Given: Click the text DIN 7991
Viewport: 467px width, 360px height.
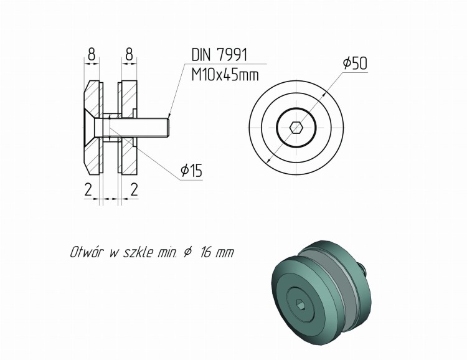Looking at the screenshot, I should click(219, 55).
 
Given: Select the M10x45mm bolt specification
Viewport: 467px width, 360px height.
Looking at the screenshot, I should click(224, 75).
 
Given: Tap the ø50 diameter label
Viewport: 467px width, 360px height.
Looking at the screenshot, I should click(355, 64).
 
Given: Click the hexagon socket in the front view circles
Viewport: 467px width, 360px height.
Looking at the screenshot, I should click(296, 128).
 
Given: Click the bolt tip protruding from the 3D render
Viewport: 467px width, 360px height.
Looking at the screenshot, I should click(362, 268).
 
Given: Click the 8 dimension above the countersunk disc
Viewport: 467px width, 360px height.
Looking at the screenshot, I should click(92, 55).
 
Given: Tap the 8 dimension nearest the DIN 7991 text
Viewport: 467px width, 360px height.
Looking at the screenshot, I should click(129, 55).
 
